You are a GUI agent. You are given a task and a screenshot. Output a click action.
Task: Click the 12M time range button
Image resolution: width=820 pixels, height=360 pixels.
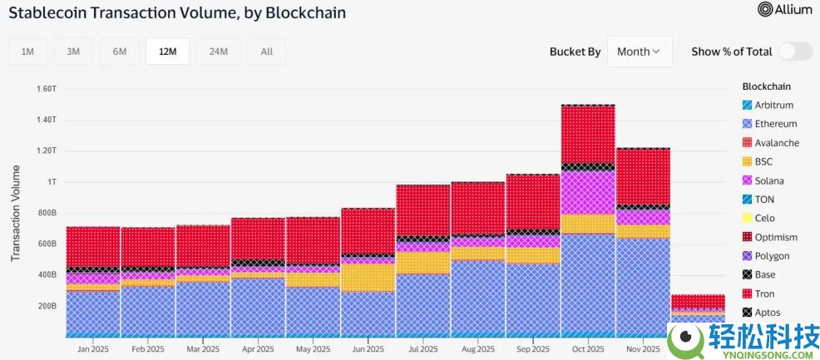(x=167, y=52)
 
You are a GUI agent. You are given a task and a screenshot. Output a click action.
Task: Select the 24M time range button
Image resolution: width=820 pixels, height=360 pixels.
(x=219, y=52)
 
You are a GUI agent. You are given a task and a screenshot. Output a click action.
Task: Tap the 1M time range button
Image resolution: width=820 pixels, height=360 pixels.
(x=27, y=52)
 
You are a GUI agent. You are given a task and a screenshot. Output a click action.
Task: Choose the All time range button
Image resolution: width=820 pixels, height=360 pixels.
(x=266, y=52)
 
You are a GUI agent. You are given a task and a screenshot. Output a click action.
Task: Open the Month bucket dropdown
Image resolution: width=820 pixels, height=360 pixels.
(x=639, y=52)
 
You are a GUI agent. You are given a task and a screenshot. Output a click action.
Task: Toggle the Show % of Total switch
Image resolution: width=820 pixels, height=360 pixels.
(x=795, y=52)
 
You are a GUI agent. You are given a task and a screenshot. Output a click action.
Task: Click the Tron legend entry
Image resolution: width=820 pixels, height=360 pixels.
(x=763, y=293)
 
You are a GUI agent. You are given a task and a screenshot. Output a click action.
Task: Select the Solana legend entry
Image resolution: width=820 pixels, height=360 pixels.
(x=768, y=180)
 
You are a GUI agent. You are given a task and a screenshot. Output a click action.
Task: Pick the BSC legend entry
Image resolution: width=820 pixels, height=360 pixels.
(x=763, y=161)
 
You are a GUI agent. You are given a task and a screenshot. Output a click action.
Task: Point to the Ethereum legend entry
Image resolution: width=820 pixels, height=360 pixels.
(x=774, y=124)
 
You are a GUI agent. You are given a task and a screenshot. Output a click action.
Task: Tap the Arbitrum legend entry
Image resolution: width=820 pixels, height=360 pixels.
(x=773, y=105)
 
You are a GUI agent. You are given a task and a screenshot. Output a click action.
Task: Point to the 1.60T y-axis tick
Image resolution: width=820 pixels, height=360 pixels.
(x=47, y=88)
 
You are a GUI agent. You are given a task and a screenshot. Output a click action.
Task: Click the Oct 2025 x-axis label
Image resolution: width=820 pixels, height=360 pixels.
(x=588, y=349)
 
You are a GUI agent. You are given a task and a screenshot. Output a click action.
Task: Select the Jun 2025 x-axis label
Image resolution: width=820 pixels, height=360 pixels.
(x=368, y=349)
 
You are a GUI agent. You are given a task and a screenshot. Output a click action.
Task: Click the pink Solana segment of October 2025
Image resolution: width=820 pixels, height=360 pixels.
(x=588, y=193)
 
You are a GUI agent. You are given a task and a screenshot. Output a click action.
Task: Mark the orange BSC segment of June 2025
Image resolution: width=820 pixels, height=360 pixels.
(x=368, y=277)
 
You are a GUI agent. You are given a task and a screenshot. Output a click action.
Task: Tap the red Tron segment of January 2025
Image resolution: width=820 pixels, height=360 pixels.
(x=92, y=246)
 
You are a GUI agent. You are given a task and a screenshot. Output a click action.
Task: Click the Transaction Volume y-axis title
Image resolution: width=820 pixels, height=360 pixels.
(x=16, y=213)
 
